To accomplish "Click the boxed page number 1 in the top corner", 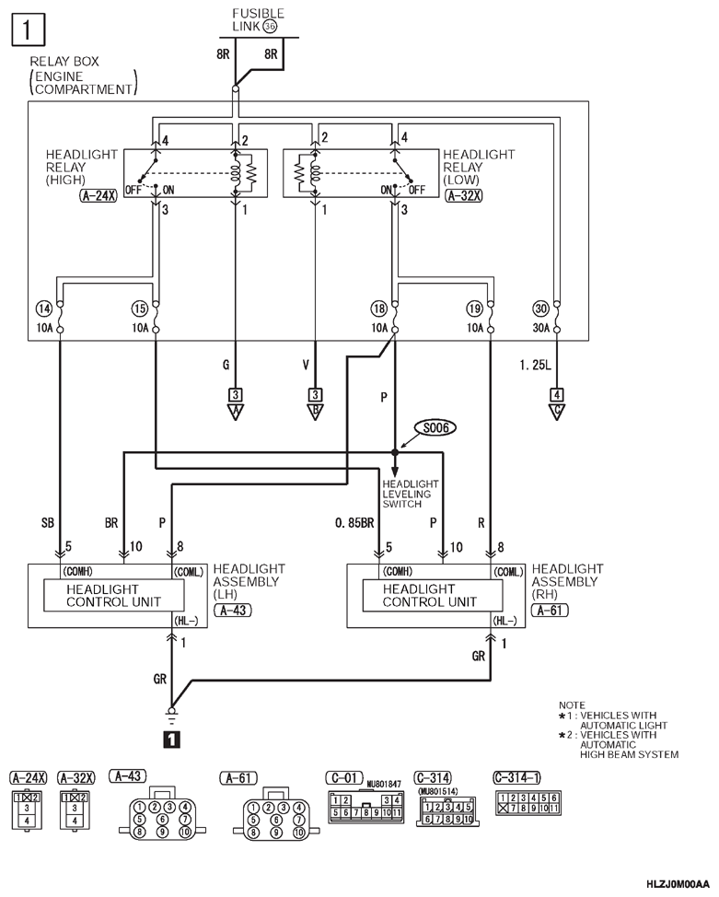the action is click(27, 29).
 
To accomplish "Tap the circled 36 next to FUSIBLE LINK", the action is click(270, 27).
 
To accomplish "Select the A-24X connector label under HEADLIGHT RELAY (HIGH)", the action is click(98, 195).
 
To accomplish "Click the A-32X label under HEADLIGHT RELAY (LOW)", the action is click(464, 195).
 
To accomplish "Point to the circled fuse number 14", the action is click(44, 309).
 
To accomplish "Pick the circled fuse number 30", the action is click(540, 309).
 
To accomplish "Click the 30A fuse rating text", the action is click(541, 329).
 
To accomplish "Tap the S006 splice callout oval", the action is click(435, 427).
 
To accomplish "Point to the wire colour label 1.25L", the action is click(536, 365).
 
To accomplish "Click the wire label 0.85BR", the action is click(354, 522).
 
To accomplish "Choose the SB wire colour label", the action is click(48, 522).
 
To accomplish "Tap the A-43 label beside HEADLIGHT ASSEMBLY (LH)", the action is click(233, 611).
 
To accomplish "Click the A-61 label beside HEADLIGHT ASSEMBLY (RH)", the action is click(551, 611).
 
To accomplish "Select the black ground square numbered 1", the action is click(171, 740).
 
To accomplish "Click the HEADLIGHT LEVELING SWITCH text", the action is click(411, 494).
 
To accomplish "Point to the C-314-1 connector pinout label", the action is click(516, 777).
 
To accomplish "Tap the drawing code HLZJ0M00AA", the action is click(678, 884).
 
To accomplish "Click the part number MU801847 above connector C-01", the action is click(384, 784).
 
